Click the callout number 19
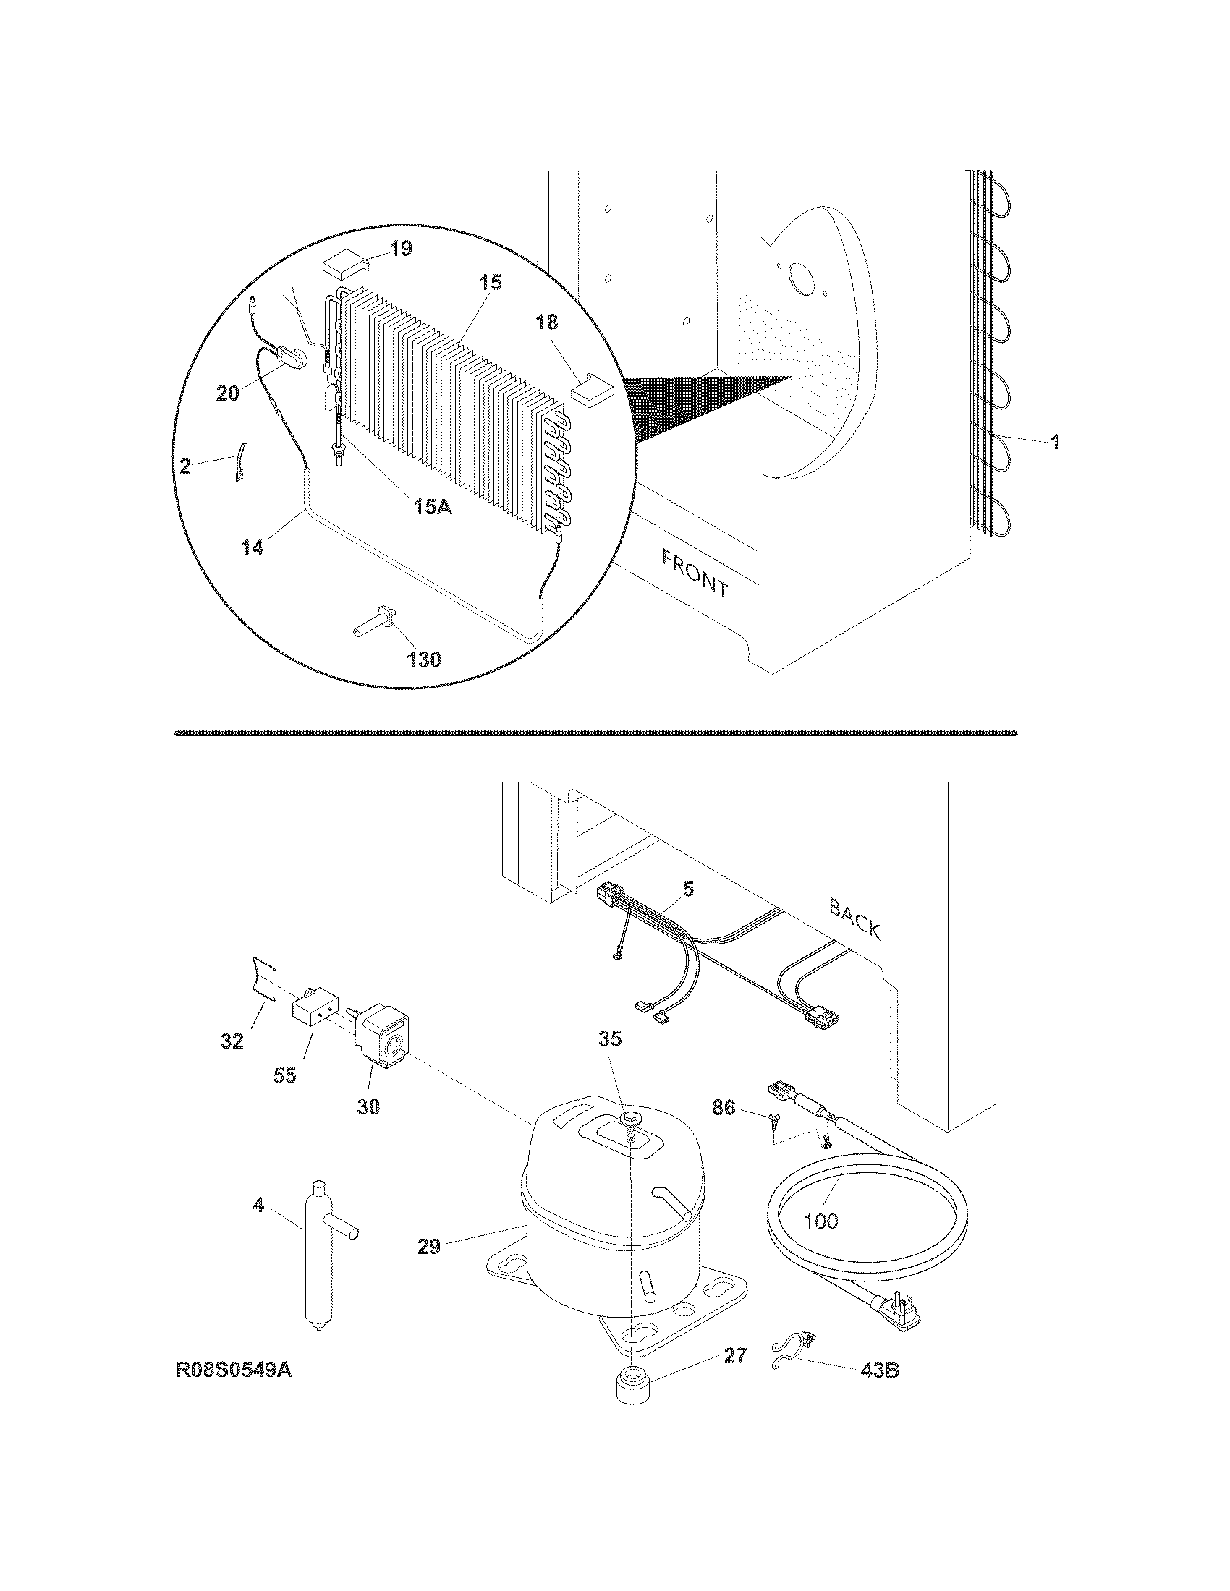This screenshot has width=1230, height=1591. click(x=400, y=249)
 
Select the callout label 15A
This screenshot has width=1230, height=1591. click(x=433, y=506)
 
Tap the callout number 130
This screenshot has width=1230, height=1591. click(x=423, y=660)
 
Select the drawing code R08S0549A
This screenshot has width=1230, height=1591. click(x=234, y=1370)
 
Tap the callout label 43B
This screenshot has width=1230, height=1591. click(x=880, y=1370)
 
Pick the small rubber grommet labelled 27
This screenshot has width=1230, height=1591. click(x=632, y=1403)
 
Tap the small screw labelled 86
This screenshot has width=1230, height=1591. click(x=773, y=1138)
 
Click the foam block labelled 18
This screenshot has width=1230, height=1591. click(x=592, y=390)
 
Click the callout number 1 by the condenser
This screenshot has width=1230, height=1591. click(x=1054, y=441)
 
